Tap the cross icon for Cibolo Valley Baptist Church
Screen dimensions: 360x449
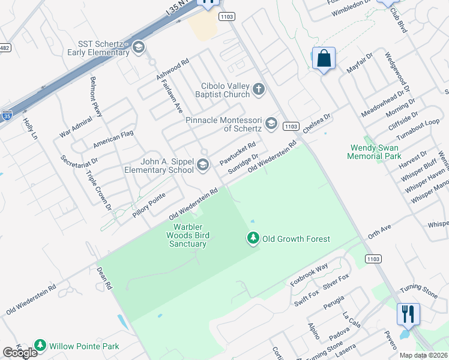(259, 90)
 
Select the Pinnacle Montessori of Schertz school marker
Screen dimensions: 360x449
(271, 124)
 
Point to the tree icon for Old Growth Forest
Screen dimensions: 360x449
(253, 239)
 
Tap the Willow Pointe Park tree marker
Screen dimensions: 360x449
(40, 346)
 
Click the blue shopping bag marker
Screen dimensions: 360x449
(324, 59)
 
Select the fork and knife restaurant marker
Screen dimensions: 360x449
(408, 313)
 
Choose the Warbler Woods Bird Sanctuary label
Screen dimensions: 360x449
(190, 235)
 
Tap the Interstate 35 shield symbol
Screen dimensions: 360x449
(7, 114)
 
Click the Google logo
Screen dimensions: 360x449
(20, 353)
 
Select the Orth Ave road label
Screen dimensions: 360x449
(379, 231)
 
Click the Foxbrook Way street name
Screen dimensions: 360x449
(309, 273)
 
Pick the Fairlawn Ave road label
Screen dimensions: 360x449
(172, 99)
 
